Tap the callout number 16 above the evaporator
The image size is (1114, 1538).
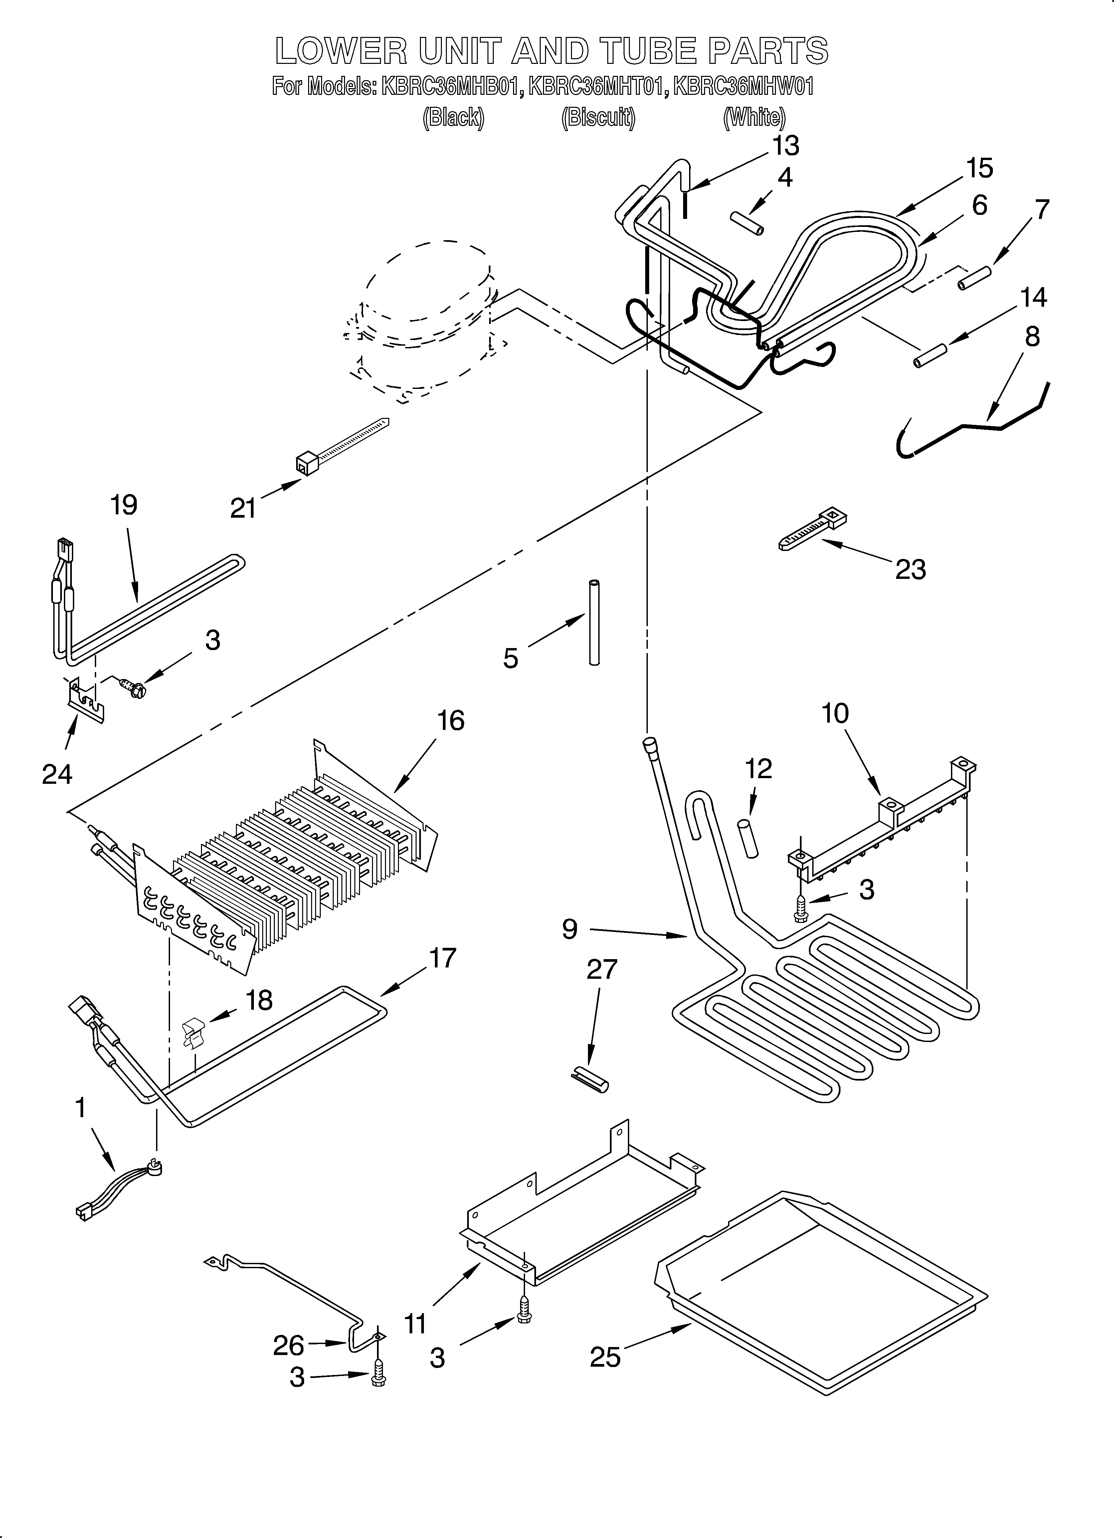(451, 720)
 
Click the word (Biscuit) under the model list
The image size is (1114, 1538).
(598, 118)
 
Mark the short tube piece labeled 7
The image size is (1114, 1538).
(975, 278)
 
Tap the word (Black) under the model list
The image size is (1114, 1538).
(453, 118)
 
